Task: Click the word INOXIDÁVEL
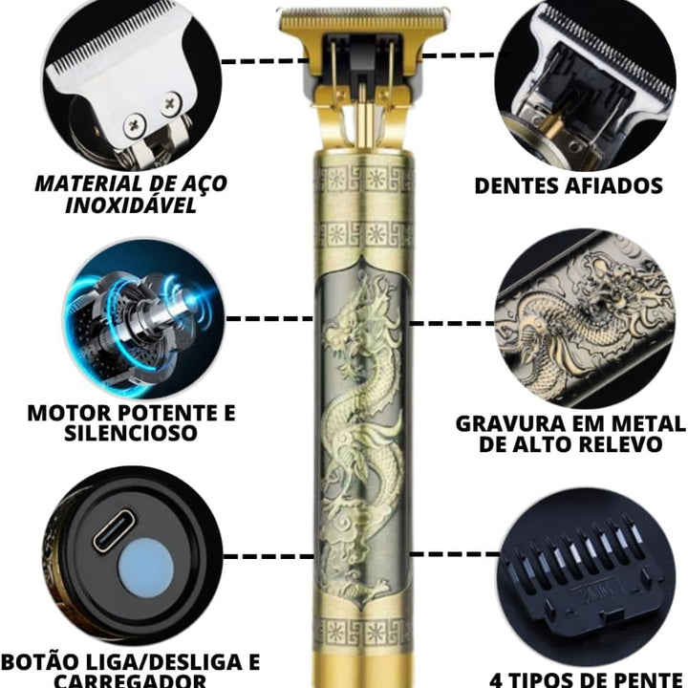pos(131,204)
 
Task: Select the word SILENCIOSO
pos(131,433)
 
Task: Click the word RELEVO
pos(618,444)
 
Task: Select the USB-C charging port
pos(113,529)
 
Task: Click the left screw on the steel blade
pos(134,124)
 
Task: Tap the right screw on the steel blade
pos(171,103)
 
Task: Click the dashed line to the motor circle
pos(269,318)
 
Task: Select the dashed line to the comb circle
pos(455,554)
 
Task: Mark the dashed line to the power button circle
pos(269,557)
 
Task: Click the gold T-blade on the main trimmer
pos(363,20)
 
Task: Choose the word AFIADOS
pos(613,185)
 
